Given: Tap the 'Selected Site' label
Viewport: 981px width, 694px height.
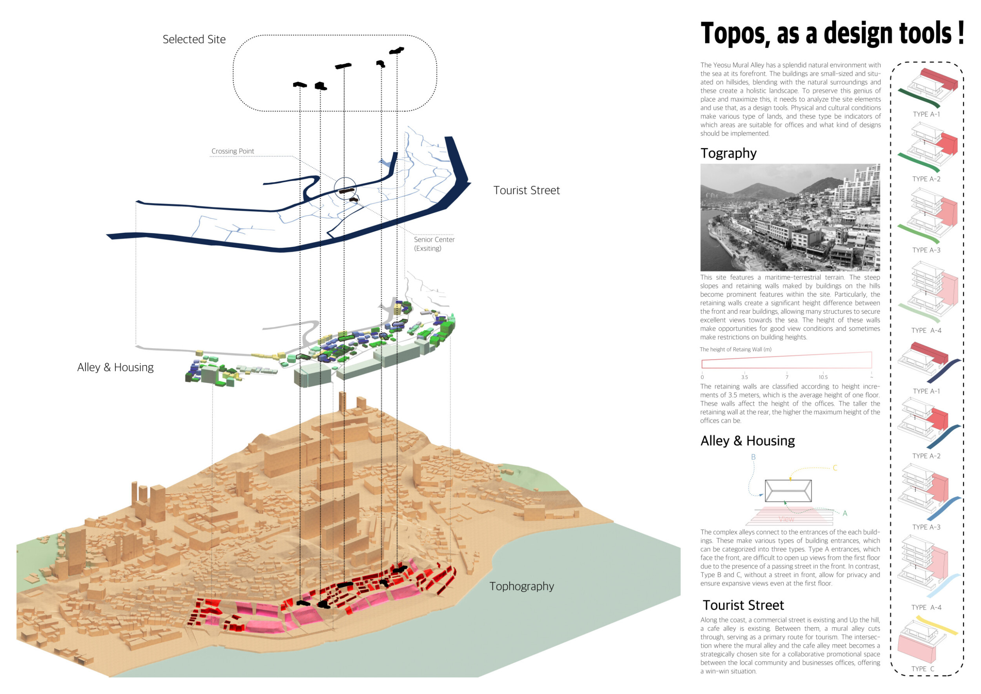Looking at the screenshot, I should (194, 39).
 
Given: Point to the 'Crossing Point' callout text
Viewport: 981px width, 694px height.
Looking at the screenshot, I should (232, 151).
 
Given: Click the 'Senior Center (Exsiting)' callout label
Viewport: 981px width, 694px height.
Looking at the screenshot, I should (434, 244).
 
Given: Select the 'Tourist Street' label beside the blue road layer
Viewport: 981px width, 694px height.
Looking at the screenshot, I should (526, 191).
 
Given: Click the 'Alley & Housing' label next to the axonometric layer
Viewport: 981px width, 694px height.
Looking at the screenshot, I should (115, 367).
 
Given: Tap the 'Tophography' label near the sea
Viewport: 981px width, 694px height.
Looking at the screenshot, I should (521, 586).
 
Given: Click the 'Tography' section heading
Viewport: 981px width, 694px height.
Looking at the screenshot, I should (728, 153).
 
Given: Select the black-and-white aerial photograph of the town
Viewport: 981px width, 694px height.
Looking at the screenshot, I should (790, 217).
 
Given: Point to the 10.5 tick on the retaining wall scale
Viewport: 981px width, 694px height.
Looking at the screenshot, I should (823, 377).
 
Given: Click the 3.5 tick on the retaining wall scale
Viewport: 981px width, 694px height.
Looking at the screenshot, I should (745, 377).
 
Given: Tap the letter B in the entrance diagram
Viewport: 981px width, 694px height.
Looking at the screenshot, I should (753, 457).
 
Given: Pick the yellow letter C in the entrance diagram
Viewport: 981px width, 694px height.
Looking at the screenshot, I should (835, 468).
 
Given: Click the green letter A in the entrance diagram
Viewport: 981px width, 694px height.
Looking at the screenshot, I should (845, 513).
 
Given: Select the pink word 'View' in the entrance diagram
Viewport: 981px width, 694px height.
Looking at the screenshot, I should (786, 519).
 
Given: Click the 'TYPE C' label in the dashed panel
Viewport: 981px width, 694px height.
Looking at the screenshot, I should (923, 669).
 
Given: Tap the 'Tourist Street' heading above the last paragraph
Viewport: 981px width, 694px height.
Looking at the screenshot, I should (743, 606).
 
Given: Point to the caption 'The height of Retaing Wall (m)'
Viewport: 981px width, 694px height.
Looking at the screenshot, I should (735, 350).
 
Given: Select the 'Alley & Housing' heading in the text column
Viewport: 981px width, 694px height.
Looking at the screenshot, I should (747, 441).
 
